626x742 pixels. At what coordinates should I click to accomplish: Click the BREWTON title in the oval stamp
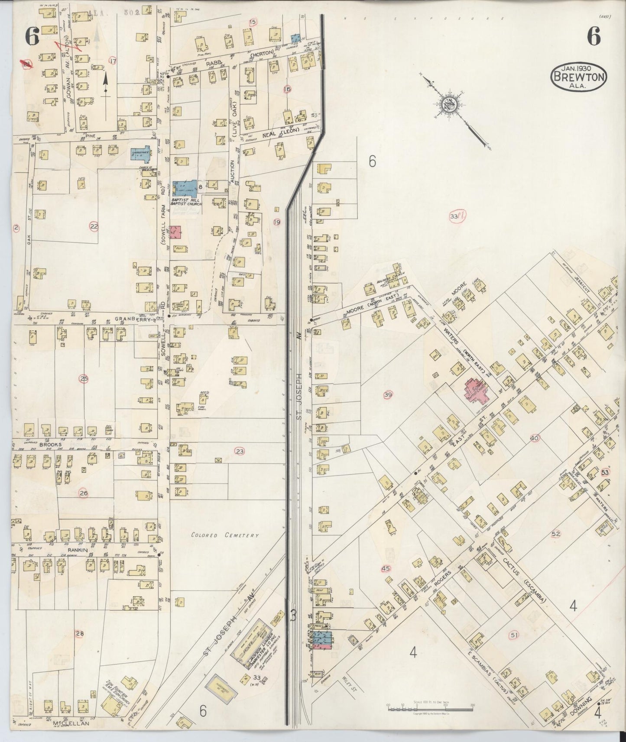(578, 77)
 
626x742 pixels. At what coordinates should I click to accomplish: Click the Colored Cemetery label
(225, 535)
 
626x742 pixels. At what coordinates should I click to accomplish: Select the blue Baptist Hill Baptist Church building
(184, 188)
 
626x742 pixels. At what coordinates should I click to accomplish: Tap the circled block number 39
(388, 394)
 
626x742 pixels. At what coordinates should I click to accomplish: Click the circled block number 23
(240, 452)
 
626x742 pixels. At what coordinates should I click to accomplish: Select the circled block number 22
(94, 225)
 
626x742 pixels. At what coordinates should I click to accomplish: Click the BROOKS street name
(52, 444)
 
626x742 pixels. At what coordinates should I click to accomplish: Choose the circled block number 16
(287, 89)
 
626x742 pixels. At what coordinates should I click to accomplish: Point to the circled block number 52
(556, 534)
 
